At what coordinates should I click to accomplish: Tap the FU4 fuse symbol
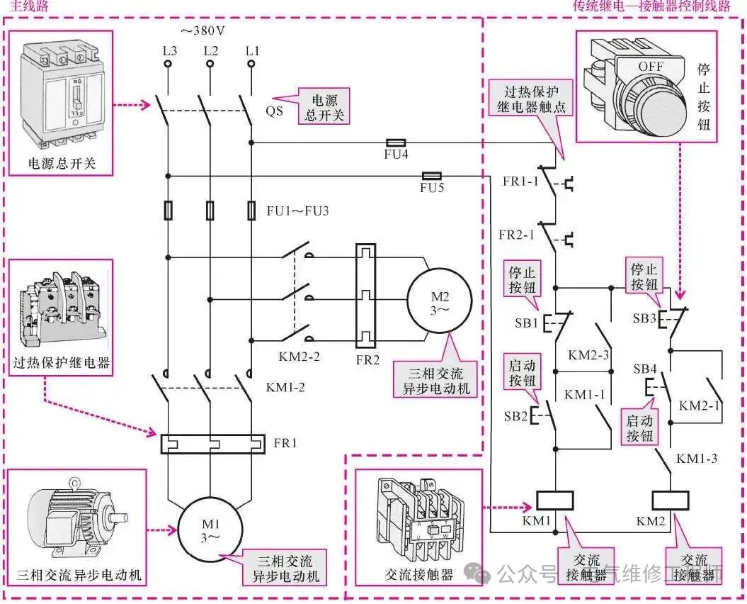(x=394, y=142)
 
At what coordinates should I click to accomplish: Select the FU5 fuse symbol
(x=431, y=175)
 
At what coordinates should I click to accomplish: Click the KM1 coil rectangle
(x=555, y=500)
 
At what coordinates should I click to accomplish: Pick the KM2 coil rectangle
(x=669, y=500)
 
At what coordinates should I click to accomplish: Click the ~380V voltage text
(x=204, y=31)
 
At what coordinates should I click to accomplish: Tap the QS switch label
(x=275, y=111)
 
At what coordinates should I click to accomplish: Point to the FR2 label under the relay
(x=367, y=359)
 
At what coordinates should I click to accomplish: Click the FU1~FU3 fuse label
(x=298, y=210)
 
